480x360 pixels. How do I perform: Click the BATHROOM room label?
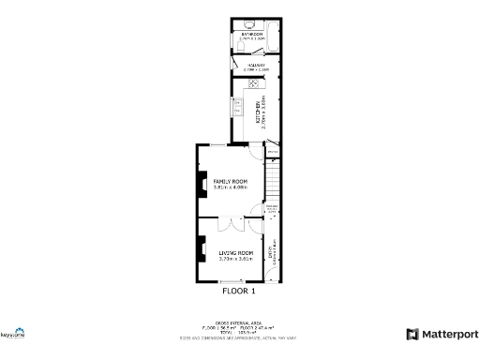click(x=250, y=35)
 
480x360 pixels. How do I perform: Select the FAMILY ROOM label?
click(x=230, y=180)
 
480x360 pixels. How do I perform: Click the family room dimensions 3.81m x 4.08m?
click(x=230, y=187)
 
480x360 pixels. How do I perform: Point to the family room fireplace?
click(x=200, y=187)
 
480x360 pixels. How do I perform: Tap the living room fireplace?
click(x=200, y=250)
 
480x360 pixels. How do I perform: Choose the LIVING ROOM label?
click(x=236, y=253)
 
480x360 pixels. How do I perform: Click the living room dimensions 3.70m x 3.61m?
click(x=236, y=260)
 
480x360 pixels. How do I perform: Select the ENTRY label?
click(x=272, y=252)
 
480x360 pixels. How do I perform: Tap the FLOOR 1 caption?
click(x=238, y=292)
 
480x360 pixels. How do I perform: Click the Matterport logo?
click(x=442, y=334)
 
